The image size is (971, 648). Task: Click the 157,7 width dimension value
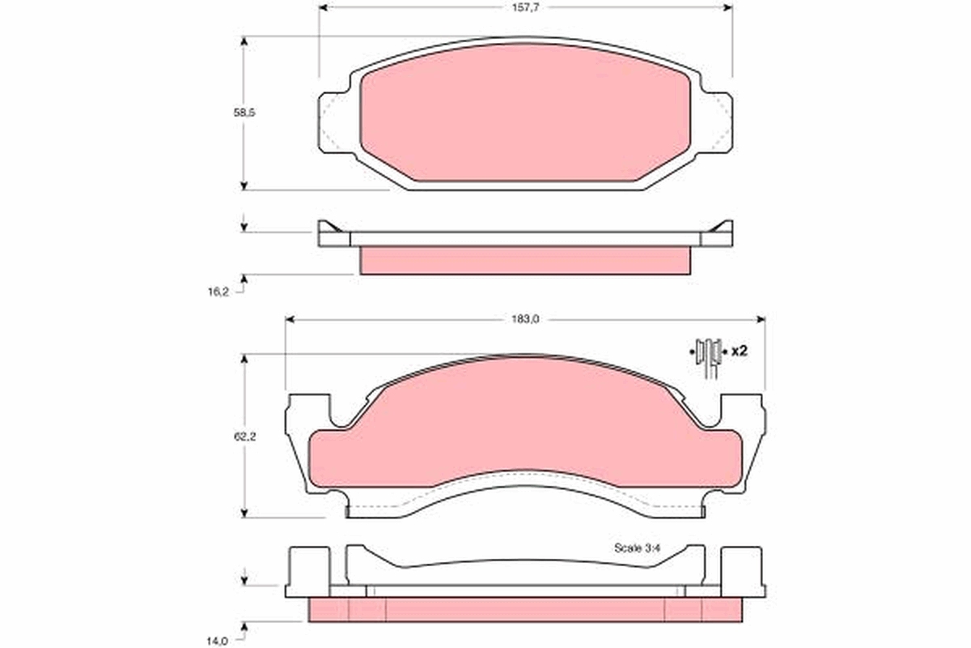click(525, 8)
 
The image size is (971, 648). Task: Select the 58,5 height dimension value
click(244, 113)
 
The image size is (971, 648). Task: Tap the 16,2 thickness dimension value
click(218, 292)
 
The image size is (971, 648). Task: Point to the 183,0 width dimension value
click(525, 319)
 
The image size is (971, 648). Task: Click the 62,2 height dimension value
click(245, 437)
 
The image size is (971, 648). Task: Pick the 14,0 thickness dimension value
click(218, 641)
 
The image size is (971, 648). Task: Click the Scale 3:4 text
click(638, 548)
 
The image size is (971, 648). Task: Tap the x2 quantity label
click(740, 351)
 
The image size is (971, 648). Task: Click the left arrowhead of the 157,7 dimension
click(323, 8)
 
